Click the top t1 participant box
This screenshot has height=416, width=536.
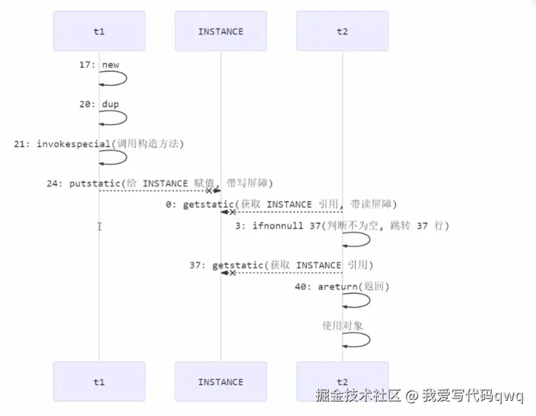coord(99,31)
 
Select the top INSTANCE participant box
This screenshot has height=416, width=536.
coord(220,31)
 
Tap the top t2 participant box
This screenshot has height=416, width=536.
coord(342,31)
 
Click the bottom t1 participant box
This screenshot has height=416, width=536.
coord(99,382)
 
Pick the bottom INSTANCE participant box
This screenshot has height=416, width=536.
coord(220,382)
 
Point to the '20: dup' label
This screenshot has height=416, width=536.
coord(99,104)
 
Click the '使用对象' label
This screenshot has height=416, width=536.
coord(342,326)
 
